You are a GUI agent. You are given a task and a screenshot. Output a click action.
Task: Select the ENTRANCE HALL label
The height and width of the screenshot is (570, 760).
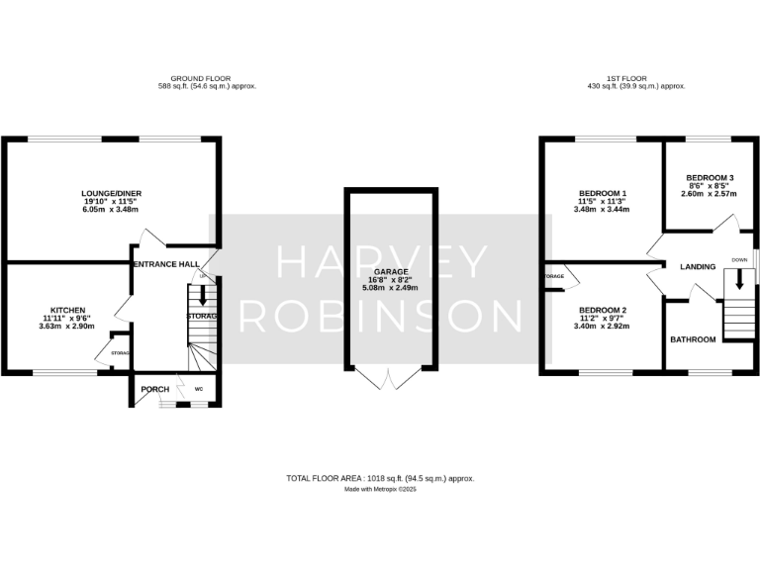[x=166, y=264]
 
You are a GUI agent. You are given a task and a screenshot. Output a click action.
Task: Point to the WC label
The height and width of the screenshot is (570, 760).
[x=199, y=389]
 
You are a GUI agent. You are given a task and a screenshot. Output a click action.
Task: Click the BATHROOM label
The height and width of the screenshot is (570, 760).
[x=693, y=339]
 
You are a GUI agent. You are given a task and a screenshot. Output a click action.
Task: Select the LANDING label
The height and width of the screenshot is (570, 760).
[x=698, y=266]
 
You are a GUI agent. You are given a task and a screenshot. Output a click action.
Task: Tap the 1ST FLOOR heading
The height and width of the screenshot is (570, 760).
[x=635, y=78]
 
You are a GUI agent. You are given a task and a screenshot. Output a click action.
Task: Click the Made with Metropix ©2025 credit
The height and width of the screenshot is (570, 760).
[x=380, y=489]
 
